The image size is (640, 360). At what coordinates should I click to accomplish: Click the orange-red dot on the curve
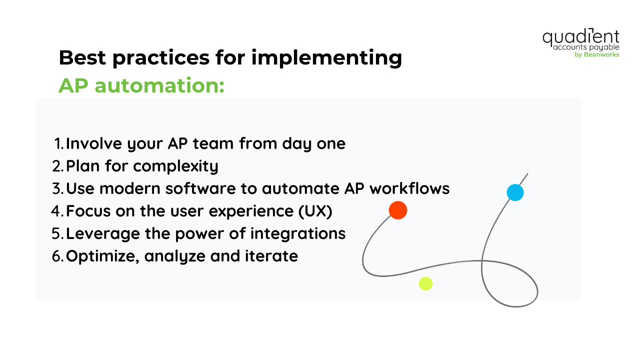click(398, 210)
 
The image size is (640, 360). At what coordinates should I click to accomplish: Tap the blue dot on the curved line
click(515, 192)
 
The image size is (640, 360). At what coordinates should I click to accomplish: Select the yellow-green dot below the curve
click(425, 284)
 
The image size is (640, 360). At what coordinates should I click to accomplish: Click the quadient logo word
click(580, 37)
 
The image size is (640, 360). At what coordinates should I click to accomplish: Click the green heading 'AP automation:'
click(141, 85)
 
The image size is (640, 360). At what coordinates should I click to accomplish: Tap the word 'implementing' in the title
click(326, 58)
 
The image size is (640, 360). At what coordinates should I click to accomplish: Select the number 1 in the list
click(59, 144)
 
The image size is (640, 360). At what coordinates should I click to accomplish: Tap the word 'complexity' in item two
click(175, 166)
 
